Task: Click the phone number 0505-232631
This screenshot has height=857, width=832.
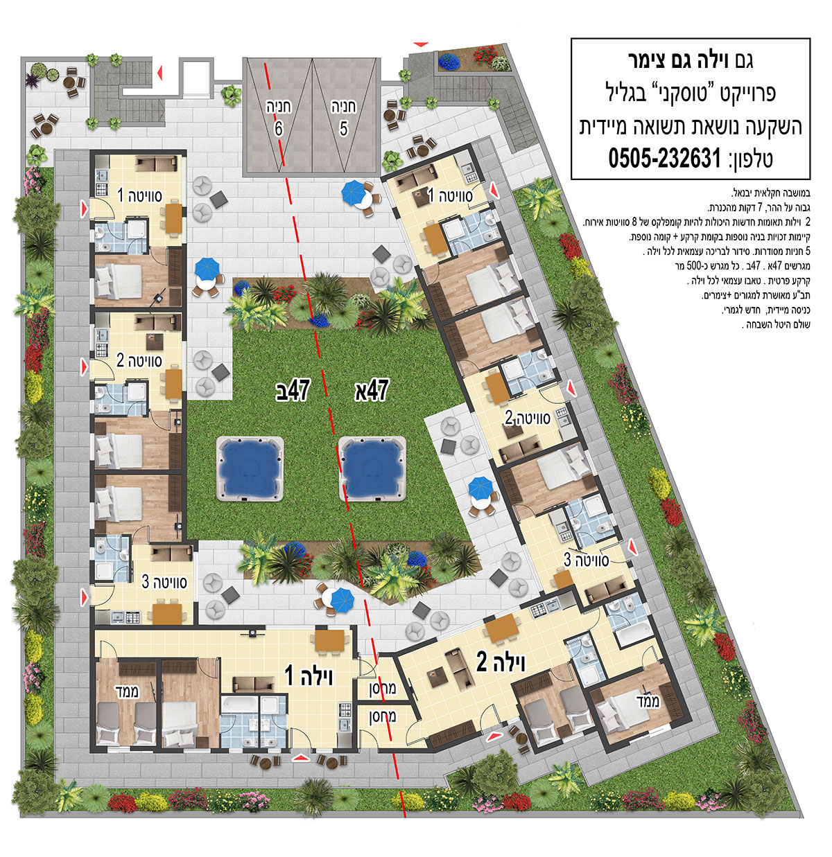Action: pyautogui.click(x=664, y=158)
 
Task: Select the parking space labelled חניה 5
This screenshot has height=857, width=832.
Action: pyautogui.click(x=345, y=116)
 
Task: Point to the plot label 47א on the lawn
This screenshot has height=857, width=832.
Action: pyautogui.click(x=372, y=390)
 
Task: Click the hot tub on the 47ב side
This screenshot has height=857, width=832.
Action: pyautogui.click(x=250, y=468)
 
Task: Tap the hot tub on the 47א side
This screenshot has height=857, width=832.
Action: pyautogui.click(x=372, y=468)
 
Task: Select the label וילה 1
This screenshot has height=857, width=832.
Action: pyautogui.click(x=309, y=676)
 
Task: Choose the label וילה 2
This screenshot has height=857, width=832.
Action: pyautogui.click(x=501, y=662)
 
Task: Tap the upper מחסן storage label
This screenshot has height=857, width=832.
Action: pyautogui.click(x=383, y=689)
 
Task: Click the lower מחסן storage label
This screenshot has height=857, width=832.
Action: pyautogui.click(x=383, y=716)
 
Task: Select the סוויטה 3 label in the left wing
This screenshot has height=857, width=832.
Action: pyautogui.click(x=164, y=582)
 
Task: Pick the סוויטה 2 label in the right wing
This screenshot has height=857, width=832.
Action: pyautogui.click(x=528, y=418)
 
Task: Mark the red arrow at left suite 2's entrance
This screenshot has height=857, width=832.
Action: pyautogui.click(x=84, y=367)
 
